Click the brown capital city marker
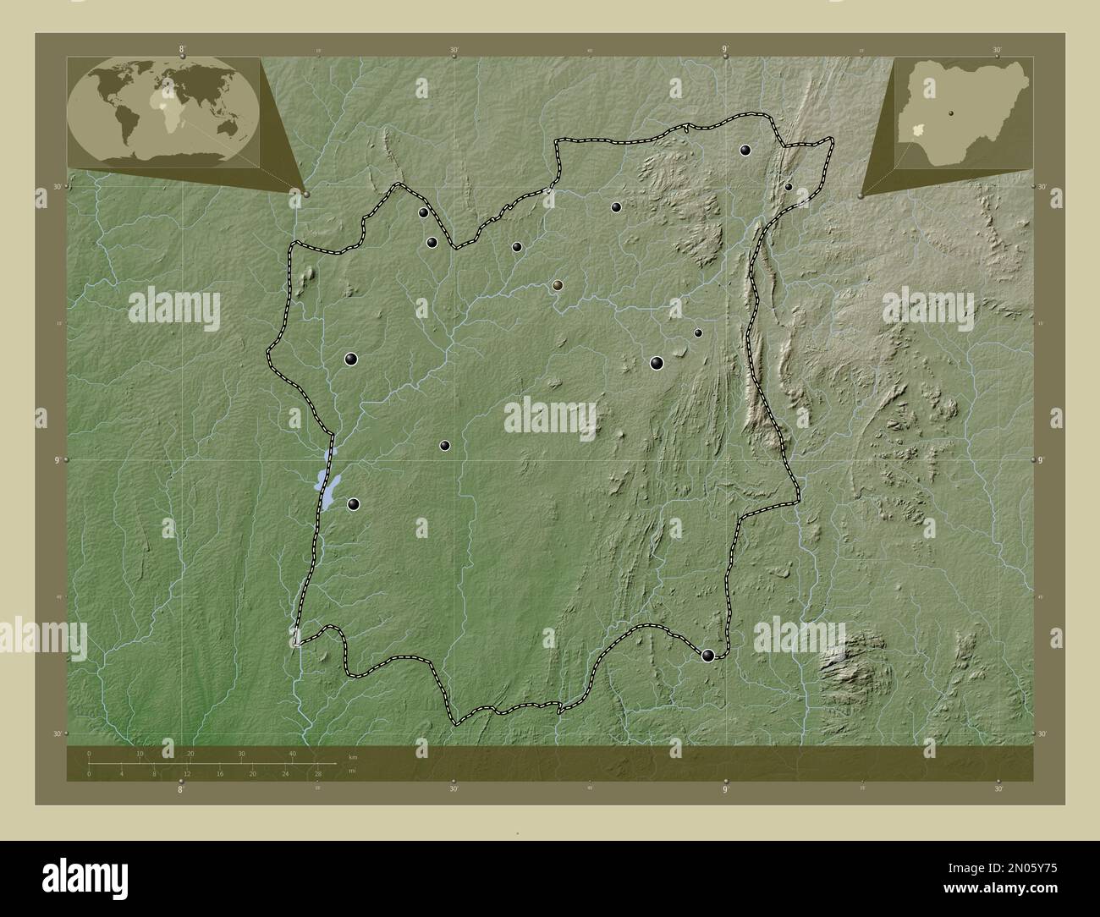coord(557,286)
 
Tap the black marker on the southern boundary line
coord(708,655)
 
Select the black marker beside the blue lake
coord(354,504)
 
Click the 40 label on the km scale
coord(293,754)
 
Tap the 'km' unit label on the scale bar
coord(352,755)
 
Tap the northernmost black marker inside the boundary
coord(745,151)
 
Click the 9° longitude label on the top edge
coord(726,51)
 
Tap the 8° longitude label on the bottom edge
coord(180,789)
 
